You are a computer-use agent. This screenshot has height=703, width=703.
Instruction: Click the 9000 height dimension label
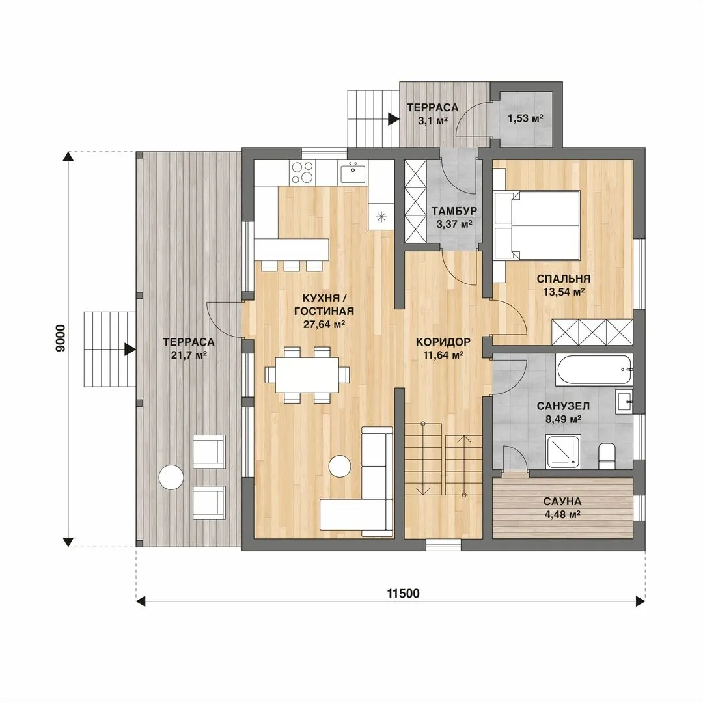pyautogui.click(x=60, y=338)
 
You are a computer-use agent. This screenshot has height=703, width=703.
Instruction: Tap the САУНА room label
pyautogui.click(x=562, y=501)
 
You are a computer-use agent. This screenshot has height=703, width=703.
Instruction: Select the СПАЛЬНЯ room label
pyautogui.click(x=564, y=279)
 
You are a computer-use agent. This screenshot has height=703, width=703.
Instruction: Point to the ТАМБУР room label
pyautogui.click(x=454, y=211)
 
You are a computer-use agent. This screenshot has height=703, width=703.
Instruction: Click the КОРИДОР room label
pyautogui.click(x=443, y=342)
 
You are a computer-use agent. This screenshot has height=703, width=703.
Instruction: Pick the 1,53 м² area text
pyautogui.click(x=525, y=118)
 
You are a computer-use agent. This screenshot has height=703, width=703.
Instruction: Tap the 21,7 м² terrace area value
pyautogui.click(x=189, y=355)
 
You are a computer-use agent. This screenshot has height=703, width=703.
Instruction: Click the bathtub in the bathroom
pyautogui.click(x=594, y=370)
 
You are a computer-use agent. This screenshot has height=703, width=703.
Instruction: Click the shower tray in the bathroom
pyautogui.click(x=562, y=452)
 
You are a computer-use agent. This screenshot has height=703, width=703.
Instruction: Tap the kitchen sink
pyautogui.click(x=353, y=172)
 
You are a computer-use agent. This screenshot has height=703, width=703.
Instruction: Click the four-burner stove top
pyautogui.click(x=302, y=172)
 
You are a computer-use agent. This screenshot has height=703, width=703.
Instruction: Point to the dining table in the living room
pyautogui.click(x=307, y=374)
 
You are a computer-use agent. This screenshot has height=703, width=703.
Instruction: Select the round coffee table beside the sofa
pyautogui.click(x=340, y=467)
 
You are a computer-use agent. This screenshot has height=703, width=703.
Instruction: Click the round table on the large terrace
pyautogui.click(x=171, y=476)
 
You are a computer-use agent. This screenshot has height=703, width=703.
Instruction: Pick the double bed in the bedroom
pyautogui.click(x=536, y=225)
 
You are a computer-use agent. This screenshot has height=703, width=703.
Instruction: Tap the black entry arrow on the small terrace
pyautogui.click(x=394, y=119)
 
